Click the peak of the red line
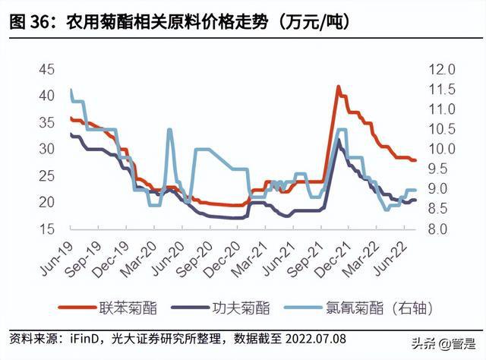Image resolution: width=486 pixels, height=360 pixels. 338,87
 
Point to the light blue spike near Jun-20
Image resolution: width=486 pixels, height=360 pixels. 169,130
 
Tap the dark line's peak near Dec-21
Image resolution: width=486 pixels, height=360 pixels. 339,139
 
